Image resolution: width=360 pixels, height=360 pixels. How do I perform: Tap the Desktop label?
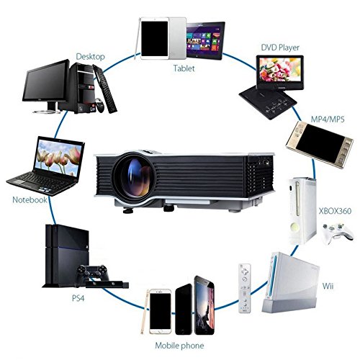coord(90,57)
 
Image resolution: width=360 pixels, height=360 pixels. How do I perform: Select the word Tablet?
coord(184,68)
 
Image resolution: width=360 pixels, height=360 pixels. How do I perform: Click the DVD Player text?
coord(280,48)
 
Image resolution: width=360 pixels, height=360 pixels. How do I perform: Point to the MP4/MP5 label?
coord(328,119)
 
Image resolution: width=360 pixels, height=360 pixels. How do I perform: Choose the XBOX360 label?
coord(335,211)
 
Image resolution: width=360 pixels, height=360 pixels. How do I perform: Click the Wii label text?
coord(328,286)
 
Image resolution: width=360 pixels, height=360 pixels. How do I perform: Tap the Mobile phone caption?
coord(179,346)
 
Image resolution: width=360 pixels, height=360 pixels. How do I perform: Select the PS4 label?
coord(78,298)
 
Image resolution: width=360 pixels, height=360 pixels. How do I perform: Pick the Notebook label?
coord(30,199)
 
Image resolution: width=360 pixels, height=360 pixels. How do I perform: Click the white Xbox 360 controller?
coord(338,233)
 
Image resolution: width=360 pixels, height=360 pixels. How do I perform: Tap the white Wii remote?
coord(245,288)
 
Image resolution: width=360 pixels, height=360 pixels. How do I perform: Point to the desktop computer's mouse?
coord(100,106)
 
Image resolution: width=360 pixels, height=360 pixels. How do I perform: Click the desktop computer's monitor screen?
coord(45,81)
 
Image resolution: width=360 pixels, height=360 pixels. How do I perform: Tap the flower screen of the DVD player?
coord(280,70)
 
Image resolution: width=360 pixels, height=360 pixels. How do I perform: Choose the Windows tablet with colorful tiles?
coord(205,41)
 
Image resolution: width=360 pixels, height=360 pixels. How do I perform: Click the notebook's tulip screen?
coord(58,158)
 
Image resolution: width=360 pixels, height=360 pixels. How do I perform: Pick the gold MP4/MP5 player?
coord(320,145)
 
